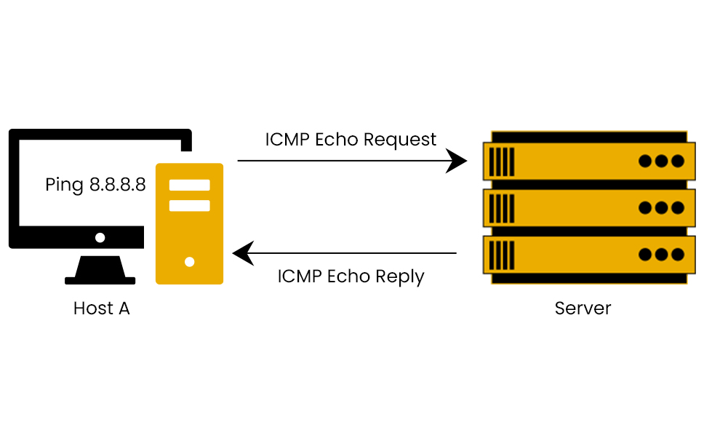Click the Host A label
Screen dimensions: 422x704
(x=101, y=308)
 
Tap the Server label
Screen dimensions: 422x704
(x=583, y=308)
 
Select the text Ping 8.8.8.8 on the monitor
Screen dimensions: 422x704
(x=95, y=185)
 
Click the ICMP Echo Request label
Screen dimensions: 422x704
(x=351, y=140)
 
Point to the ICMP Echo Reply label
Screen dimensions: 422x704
(x=351, y=277)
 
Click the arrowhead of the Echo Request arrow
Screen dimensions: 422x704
(x=457, y=161)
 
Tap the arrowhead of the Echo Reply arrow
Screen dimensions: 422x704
(x=242, y=254)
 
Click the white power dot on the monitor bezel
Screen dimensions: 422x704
(x=100, y=237)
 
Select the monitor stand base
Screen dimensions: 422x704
(x=100, y=279)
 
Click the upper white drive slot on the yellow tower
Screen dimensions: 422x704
(x=189, y=185)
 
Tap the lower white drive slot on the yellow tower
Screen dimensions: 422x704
(x=189, y=206)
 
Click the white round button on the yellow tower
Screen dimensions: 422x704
(x=189, y=261)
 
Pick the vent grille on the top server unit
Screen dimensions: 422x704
(x=502, y=162)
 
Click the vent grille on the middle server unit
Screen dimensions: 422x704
(x=502, y=208)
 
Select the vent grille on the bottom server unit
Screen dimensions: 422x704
(x=502, y=255)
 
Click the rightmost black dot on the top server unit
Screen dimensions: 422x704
(x=678, y=162)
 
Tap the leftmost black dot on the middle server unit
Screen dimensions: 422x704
(x=645, y=208)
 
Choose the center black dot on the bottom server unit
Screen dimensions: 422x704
(x=661, y=255)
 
